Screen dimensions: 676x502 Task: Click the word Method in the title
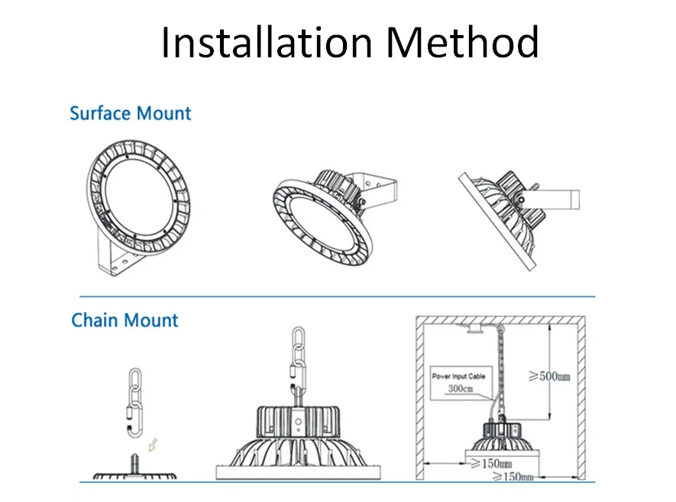click(462, 43)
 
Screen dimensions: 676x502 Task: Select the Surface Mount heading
click(130, 114)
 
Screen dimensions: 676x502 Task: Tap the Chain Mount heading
click(125, 319)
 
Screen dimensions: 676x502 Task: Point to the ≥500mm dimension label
click(550, 376)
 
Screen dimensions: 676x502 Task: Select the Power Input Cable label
click(458, 377)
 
